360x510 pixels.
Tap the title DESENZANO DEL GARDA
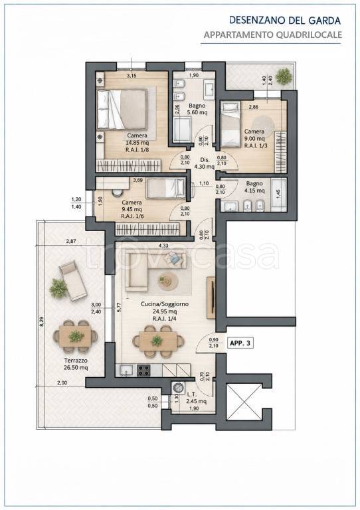[x=285, y=21]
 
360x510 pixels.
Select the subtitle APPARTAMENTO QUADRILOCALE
[x=273, y=35]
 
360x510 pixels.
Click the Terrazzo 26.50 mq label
[x=76, y=364]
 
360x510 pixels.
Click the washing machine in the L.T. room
[x=177, y=388]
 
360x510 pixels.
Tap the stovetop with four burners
[x=143, y=370]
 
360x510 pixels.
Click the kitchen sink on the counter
[x=126, y=370]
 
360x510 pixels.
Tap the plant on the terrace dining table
[x=76, y=336]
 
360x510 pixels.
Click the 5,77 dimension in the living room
[x=119, y=307]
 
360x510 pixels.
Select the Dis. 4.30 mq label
[x=205, y=163]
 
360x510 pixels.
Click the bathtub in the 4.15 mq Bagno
[x=279, y=195]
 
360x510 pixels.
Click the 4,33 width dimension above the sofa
[x=163, y=246]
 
